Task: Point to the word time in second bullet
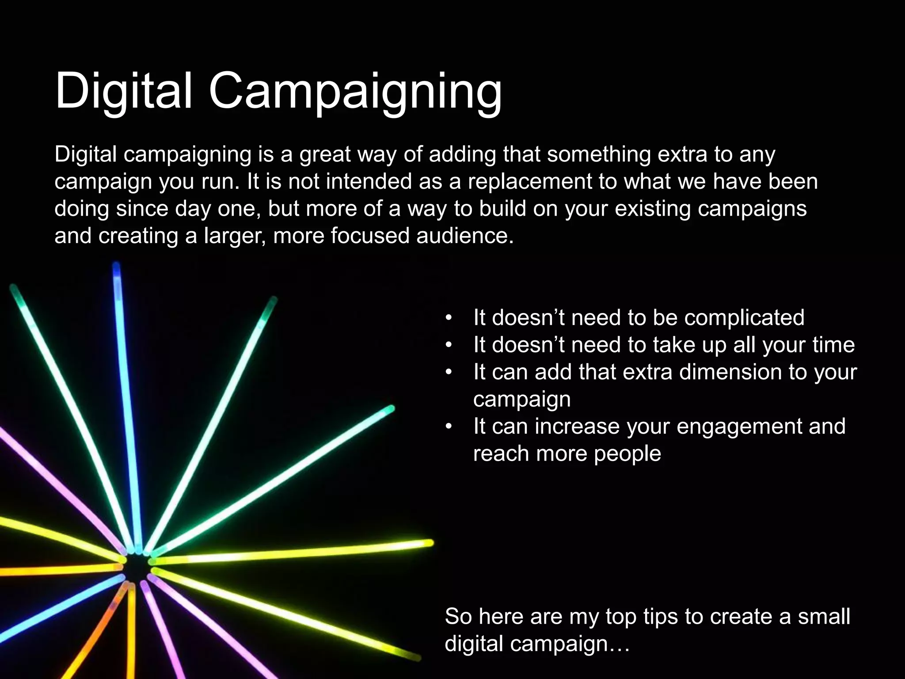click(x=833, y=345)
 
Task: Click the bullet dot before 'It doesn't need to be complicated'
click(x=449, y=318)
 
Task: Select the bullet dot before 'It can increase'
click(x=449, y=427)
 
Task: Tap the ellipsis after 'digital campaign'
click(x=619, y=644)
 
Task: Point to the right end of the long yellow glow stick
click(x=429, y=543)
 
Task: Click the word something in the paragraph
click(x=599, y=155)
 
